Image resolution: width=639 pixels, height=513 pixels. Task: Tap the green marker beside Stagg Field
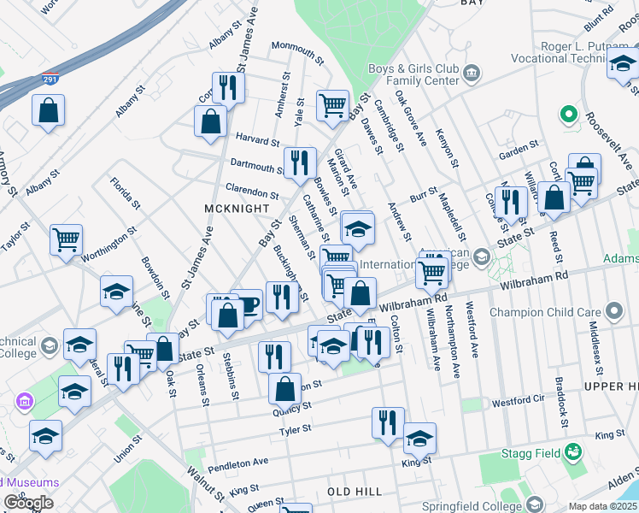pos(574,450)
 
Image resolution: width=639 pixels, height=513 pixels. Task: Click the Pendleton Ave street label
pos(238,462)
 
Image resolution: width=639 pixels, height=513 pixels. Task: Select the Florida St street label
pos(125,193)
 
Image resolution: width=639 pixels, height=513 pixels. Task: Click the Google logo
pos(28,503)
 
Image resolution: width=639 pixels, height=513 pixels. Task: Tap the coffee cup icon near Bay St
pos(247,304)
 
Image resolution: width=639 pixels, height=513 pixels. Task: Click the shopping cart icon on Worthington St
pos(66,240)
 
